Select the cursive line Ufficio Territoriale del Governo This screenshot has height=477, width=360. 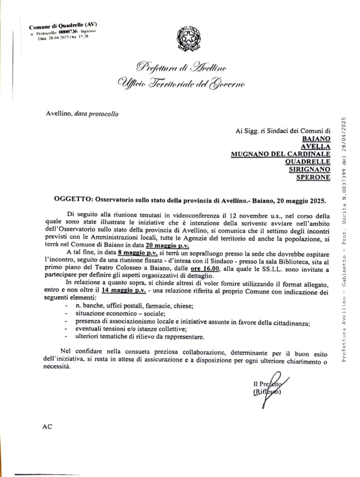click(181, 84)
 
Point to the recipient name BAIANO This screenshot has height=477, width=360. click(316, 138)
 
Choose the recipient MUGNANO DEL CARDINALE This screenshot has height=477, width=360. click(280, 154)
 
